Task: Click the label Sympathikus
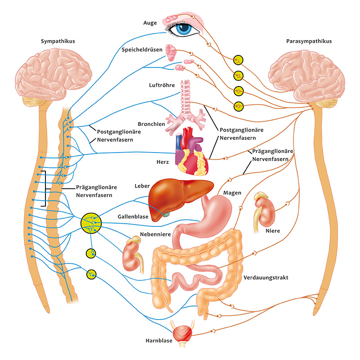point(58,41)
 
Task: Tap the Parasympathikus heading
point(309,41)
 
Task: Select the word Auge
point(150,23)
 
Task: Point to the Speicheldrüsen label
point(142,49)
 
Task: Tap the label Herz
point(162,162)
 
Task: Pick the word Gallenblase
point(133,216)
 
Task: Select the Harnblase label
point(159,341)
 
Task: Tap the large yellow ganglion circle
point(91,223)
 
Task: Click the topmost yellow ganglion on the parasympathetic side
point(238,60)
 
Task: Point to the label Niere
point(273,231)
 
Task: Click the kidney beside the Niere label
point(264,211)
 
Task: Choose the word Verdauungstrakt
point(265,278)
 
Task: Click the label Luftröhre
point(162,85)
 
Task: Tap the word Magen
point(232,193)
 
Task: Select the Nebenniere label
point(155,234)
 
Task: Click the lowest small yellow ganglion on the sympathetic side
point(91,274)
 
